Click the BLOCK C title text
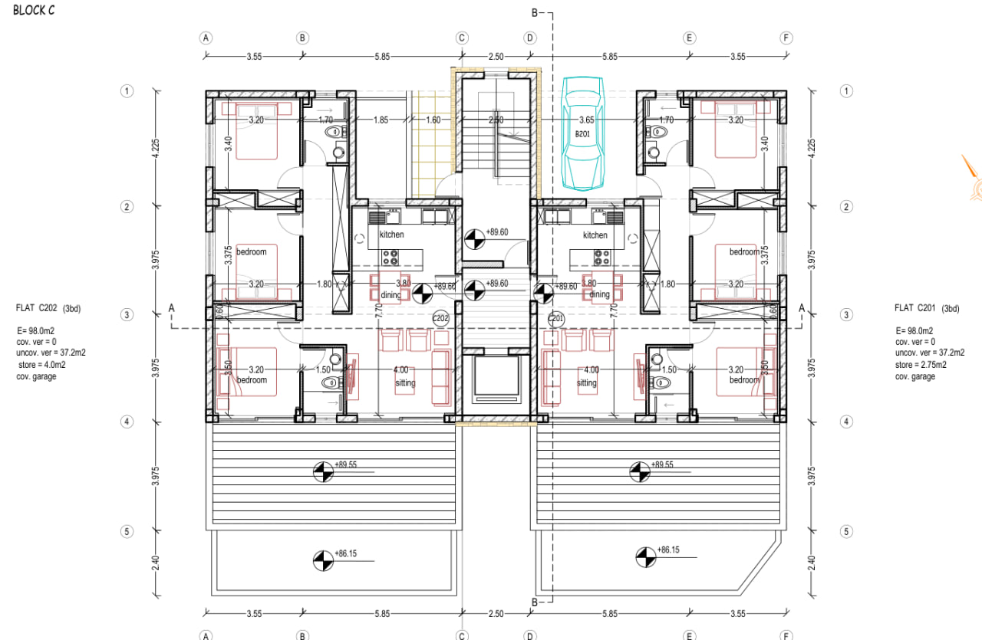[34, 11]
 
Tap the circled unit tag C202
[440, 318]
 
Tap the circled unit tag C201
[556, 318]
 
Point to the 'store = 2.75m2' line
[921, 365]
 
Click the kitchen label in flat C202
[391, 235]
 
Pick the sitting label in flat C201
[586, 383]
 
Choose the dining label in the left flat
[390, 295]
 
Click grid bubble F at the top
[786, 37]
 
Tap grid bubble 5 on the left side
[127, 531]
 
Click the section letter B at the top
[535, 12]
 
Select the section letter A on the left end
[173, 308]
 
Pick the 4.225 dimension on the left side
[156, 147]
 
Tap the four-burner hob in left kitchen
[391, 257]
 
